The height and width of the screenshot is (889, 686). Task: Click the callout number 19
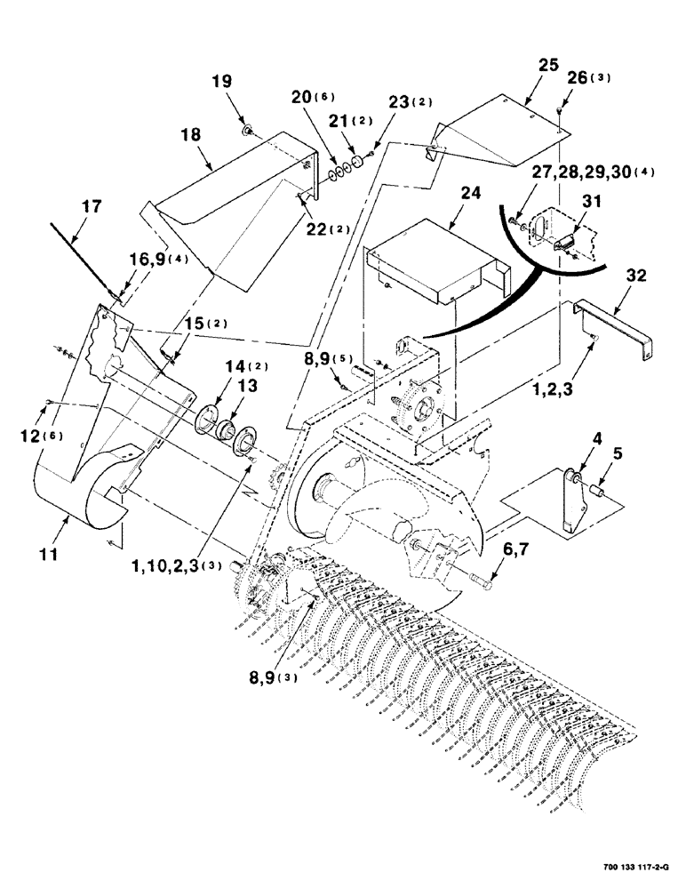[221, 81]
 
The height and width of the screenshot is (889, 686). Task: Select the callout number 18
[190, 135]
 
